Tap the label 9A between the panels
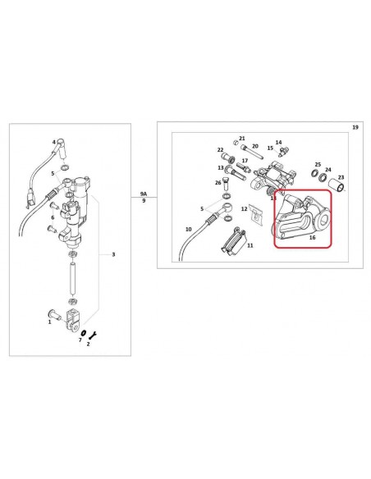coord(144,193)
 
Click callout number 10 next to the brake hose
coord(188,229)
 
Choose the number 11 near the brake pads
coord(250,245)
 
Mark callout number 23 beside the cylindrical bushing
coord(341,177)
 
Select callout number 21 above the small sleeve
coord(241,139)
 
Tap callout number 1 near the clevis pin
coord(49,322)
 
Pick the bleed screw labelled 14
coord(284,150)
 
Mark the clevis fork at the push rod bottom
coord(76,314)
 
